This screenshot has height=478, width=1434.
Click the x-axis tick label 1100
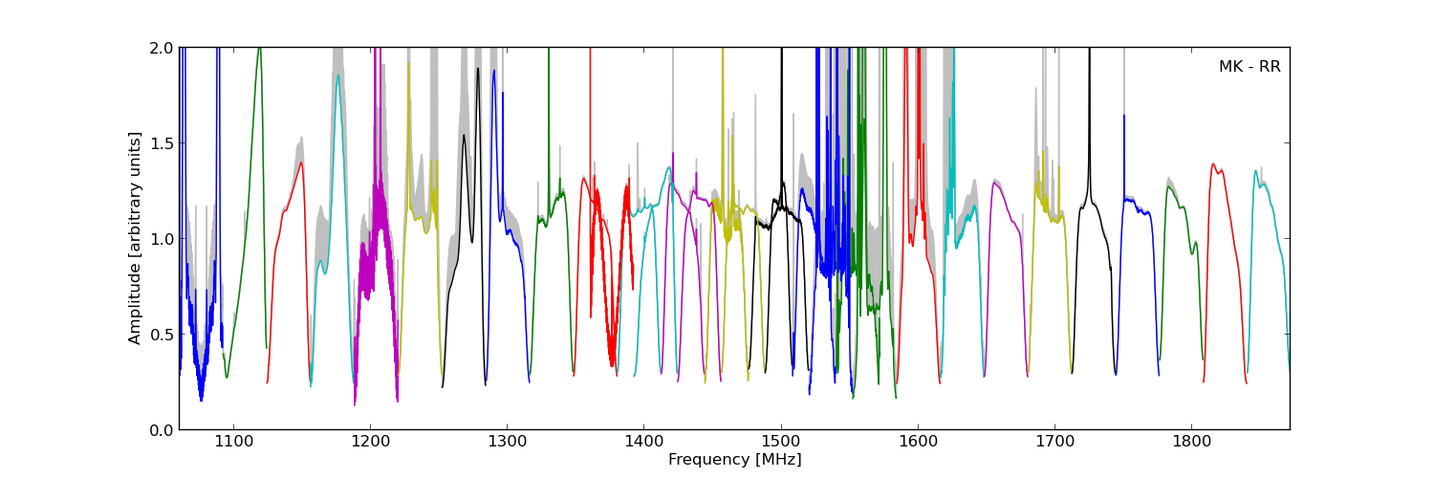pos(233,443)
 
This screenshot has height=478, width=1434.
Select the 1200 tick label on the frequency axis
pos(370,443)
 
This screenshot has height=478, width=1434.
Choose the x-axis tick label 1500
pos(781,443)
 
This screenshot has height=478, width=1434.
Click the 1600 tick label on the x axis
pos(918,443)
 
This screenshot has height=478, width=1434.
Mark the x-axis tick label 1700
pos(1054,443)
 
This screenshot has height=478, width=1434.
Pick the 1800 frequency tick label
pos(1191,443)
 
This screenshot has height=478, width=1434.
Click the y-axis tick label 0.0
pos(161,430)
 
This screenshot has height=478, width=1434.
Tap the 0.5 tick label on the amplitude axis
pos(161,335)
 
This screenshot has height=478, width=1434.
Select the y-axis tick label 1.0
pos(161,239)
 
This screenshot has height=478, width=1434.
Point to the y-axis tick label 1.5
pos(161,143)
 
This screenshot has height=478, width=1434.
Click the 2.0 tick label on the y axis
pos(161,48)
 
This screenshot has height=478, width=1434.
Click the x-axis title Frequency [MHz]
pos(734,460)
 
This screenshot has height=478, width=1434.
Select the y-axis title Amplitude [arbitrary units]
pos(136,238)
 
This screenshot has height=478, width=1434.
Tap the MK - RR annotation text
pos(1249,67)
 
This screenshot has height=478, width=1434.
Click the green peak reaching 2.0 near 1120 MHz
pos(259,49)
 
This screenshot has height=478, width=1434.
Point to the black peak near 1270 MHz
pos(464,136)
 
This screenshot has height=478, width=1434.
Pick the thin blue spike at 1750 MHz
pos(1123,117)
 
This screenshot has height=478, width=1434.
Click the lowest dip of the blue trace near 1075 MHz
pos(201,400)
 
